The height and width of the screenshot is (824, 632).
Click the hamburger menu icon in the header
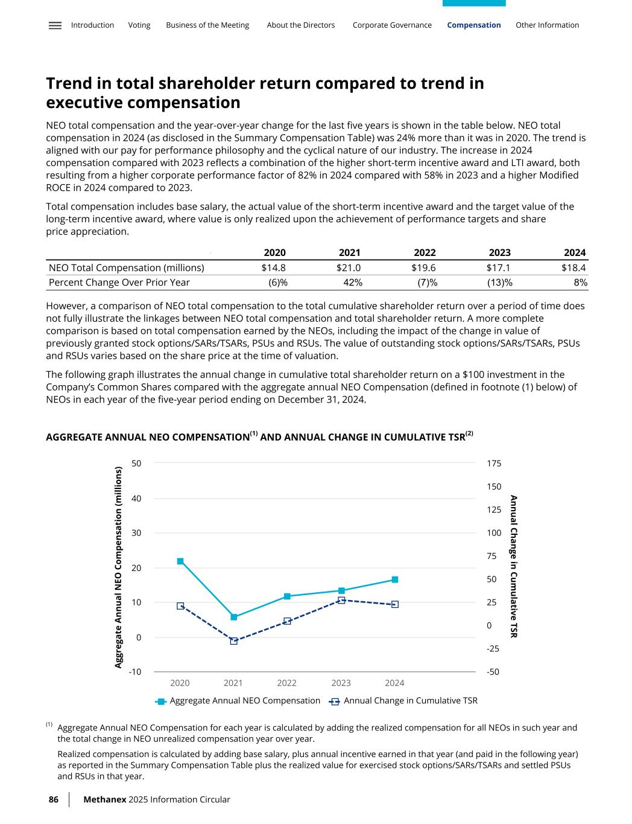pyautogui.click(x=55, y=25)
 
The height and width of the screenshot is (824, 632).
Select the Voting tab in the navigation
pyautogui.click(x=139, y=25)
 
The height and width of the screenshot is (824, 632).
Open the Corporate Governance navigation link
pyautogui.click(x=392, y=25)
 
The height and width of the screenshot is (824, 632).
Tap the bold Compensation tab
pyautogui.click(x=473, y=25)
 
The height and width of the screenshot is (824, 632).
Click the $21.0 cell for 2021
pyautogui.click(x=349, y=267)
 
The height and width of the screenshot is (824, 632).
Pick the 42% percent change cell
pyautogui.click(x=352, y=283)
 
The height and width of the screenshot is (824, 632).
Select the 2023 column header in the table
pyautogui.click(x=499, y=252)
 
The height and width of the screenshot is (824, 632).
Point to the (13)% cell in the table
pyautogui.click(x=500, y=283)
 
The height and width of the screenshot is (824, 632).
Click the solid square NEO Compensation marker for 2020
pyautogui.click(x=180, y=561)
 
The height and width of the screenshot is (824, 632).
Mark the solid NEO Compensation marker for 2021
pyautogui.click(x=234, y=617)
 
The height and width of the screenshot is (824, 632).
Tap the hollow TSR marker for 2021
pyautogui.click(x=234, y=641)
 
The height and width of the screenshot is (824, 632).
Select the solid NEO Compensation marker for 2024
pyautogui.click(x=395, y=580)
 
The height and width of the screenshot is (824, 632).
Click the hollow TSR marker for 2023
pyautogui.click(x=341, y=600)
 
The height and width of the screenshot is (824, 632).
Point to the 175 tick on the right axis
pyautogui.click(x=494, y=464)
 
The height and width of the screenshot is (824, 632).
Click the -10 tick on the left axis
pyautogui.click(x=135, y=672)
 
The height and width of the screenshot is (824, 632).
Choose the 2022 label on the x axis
pyautogui.click(x=287, y=683)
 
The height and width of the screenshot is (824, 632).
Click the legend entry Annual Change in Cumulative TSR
pyautogui.click(x=410, y=700)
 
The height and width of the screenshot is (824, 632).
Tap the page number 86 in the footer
pyautogui.click(x=54, y=799)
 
